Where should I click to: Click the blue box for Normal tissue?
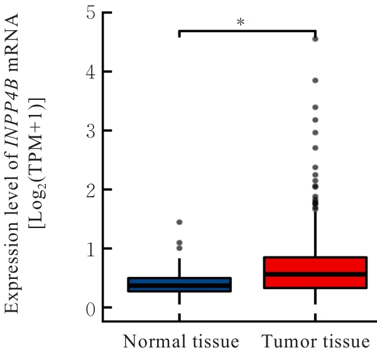pyautogui.click(x=180, y=285)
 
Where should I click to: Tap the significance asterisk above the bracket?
pyautogui.click(x=240, y=23)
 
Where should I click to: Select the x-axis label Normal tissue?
pyautogui.click(x=181, y=342)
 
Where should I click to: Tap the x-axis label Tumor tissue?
pyautogui.click(x=315, y=342)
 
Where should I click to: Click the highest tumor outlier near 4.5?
pyautogui.click(x=315, y=39)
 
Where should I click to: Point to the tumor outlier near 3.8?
pyautogui.click(x=315, y=80)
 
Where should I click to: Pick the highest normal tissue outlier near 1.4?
pyautogui.click(x=180, y=222)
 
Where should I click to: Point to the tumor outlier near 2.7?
pyautogui.click(x=315, y=148)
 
